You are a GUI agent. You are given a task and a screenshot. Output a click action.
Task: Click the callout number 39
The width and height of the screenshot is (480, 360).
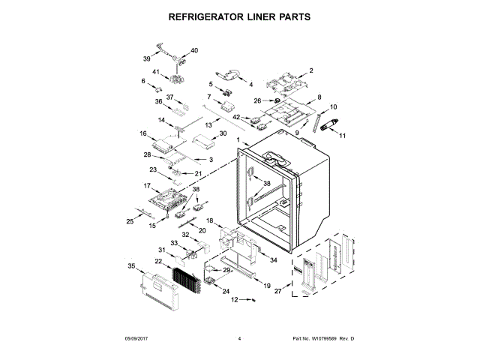147,57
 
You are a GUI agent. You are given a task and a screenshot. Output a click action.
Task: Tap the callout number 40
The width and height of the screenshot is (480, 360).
194,50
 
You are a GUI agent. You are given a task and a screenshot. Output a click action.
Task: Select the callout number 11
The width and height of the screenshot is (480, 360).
343,135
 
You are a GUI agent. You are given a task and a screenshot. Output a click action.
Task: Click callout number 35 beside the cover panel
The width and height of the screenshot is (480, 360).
131,265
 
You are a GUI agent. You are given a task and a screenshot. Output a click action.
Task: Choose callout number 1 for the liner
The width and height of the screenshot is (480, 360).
238,141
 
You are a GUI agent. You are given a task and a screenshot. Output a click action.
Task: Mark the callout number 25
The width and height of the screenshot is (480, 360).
129,221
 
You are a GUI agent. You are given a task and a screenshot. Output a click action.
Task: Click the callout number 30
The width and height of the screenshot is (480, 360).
222,133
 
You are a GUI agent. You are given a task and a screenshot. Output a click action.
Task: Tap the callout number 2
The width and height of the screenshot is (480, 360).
310,70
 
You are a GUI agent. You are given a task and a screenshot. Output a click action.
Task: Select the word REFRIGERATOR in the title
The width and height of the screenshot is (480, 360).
201,16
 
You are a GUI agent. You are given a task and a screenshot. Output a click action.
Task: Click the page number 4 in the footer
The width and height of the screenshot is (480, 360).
239,340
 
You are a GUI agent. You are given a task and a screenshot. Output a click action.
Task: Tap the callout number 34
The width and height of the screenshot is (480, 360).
273,260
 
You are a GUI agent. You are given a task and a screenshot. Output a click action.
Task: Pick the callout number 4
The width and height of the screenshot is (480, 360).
250,85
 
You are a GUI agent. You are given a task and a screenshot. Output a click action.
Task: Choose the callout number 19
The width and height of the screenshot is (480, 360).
266,286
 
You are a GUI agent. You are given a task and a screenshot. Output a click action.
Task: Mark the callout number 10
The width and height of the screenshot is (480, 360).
333,107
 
